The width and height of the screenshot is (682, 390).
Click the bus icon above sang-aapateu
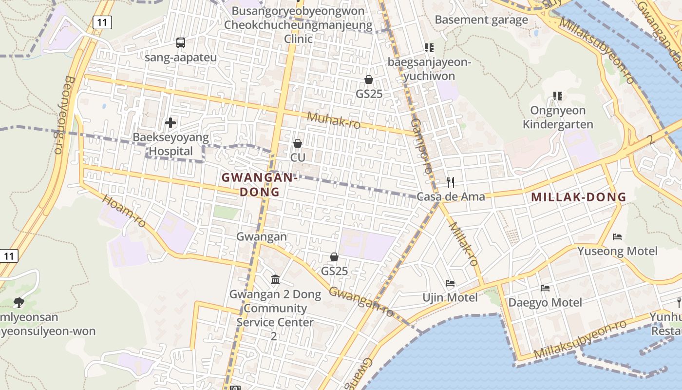(181, 43)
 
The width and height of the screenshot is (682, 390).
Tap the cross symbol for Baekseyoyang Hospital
(170, 123)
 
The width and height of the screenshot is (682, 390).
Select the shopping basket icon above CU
(298, 143)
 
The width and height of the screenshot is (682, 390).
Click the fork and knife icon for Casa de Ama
(451, 182)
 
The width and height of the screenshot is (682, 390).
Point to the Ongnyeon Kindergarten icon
(558, 96)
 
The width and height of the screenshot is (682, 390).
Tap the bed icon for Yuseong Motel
(617, 237)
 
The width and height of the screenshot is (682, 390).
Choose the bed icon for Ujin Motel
(450, 283)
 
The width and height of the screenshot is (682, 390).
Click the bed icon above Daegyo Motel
(545, 288)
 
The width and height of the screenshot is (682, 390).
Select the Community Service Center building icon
(275, 280)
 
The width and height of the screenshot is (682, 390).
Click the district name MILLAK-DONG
(578, 197)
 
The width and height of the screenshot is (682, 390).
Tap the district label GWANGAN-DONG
(260, 185)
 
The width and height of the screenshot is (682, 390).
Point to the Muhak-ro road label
(334, 120)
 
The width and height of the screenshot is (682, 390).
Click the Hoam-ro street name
(124, 211)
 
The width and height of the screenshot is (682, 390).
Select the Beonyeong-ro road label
(61, 115)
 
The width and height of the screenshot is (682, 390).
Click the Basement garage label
(481, 20)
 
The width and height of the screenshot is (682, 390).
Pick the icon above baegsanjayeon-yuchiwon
(429, 48)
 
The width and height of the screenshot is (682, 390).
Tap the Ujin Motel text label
(450, 297)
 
